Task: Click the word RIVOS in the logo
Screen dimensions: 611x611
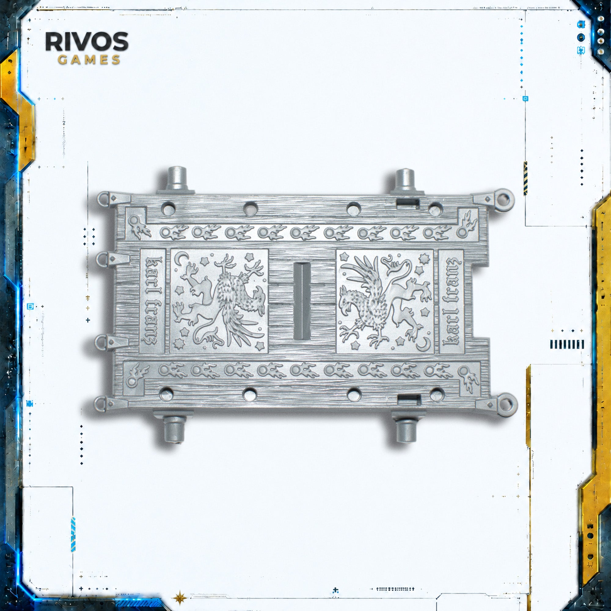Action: [x=87, y=42]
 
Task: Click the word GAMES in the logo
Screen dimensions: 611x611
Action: [x=89, y=60]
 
